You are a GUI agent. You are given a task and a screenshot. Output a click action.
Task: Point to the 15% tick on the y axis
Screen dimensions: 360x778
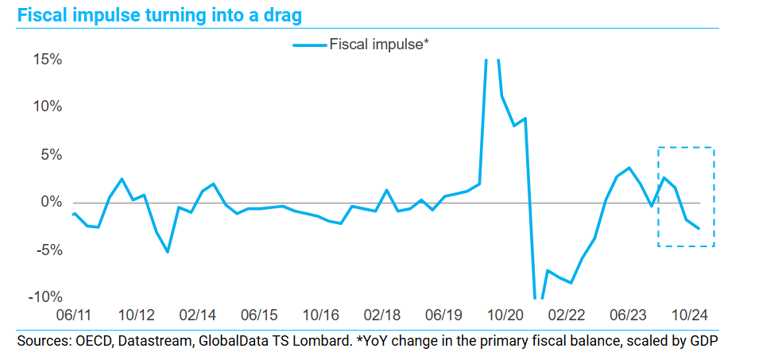(47, 60)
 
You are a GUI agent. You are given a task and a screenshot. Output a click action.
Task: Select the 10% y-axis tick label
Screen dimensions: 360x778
(47, 107)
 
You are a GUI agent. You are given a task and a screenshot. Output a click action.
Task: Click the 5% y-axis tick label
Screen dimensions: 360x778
(51, 155)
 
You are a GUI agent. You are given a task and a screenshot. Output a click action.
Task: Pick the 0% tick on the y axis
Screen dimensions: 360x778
(51, 203)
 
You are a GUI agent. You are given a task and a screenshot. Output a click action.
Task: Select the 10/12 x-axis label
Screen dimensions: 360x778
(137, 315)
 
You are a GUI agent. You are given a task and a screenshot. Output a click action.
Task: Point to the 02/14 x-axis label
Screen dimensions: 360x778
(198, 315)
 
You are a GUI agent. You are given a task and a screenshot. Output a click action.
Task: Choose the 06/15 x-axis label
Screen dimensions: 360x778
(260, 315)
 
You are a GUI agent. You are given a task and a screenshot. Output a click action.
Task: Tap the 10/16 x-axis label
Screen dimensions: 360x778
(321, 315)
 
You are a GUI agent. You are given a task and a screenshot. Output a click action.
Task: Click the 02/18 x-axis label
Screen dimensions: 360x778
(383, 315)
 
